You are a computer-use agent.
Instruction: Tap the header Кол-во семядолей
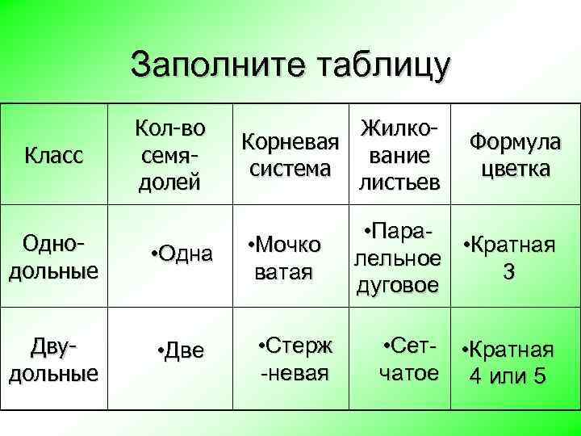pos(170,154)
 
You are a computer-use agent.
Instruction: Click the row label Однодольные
pos(53,256)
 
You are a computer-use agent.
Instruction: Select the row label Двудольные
pos(53,360)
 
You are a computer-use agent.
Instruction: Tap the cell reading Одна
pos(182,255)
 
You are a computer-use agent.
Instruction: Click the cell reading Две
pos(182,350)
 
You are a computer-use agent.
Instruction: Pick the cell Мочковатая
pos(285,258)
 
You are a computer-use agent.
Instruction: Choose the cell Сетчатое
pos(409,360)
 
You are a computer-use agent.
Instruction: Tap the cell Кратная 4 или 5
pos(508,363)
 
